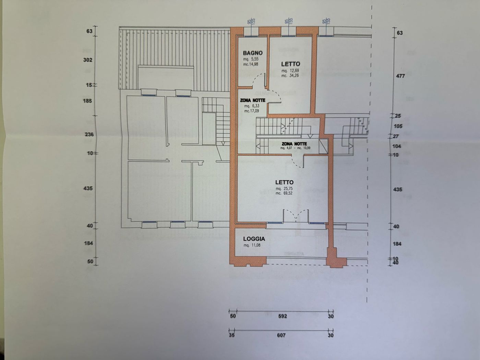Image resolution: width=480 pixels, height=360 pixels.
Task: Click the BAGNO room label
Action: click(253, 53)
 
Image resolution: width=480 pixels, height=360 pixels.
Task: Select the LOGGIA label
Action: click(254, 239)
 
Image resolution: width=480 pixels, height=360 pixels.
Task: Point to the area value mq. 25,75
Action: click(284, 189)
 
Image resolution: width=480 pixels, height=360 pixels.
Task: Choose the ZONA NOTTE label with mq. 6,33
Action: click(253, 100)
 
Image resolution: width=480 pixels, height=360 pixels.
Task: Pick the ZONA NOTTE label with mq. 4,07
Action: click(294, 144)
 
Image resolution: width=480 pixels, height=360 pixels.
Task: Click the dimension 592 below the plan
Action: click(282, 316)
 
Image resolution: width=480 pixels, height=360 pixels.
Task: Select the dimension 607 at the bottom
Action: click(281, 335)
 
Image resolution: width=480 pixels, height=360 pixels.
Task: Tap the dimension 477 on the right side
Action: click(400, 76)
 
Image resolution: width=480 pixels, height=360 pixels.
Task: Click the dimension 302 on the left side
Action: click(88, 60)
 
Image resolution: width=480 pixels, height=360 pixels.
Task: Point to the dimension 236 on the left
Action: click(89, 134)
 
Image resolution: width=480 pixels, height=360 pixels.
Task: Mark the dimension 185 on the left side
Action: click(88, 101)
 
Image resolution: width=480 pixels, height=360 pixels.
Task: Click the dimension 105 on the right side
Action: click(398, 126)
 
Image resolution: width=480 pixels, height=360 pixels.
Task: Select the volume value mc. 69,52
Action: click(284, 193)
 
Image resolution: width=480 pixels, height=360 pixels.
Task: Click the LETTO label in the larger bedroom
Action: click(284, 182)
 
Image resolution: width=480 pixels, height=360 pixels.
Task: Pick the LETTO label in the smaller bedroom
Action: click(290, 64)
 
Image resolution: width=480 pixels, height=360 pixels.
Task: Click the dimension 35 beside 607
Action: click(232, 335)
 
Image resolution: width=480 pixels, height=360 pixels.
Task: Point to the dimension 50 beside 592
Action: click(233, 316)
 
